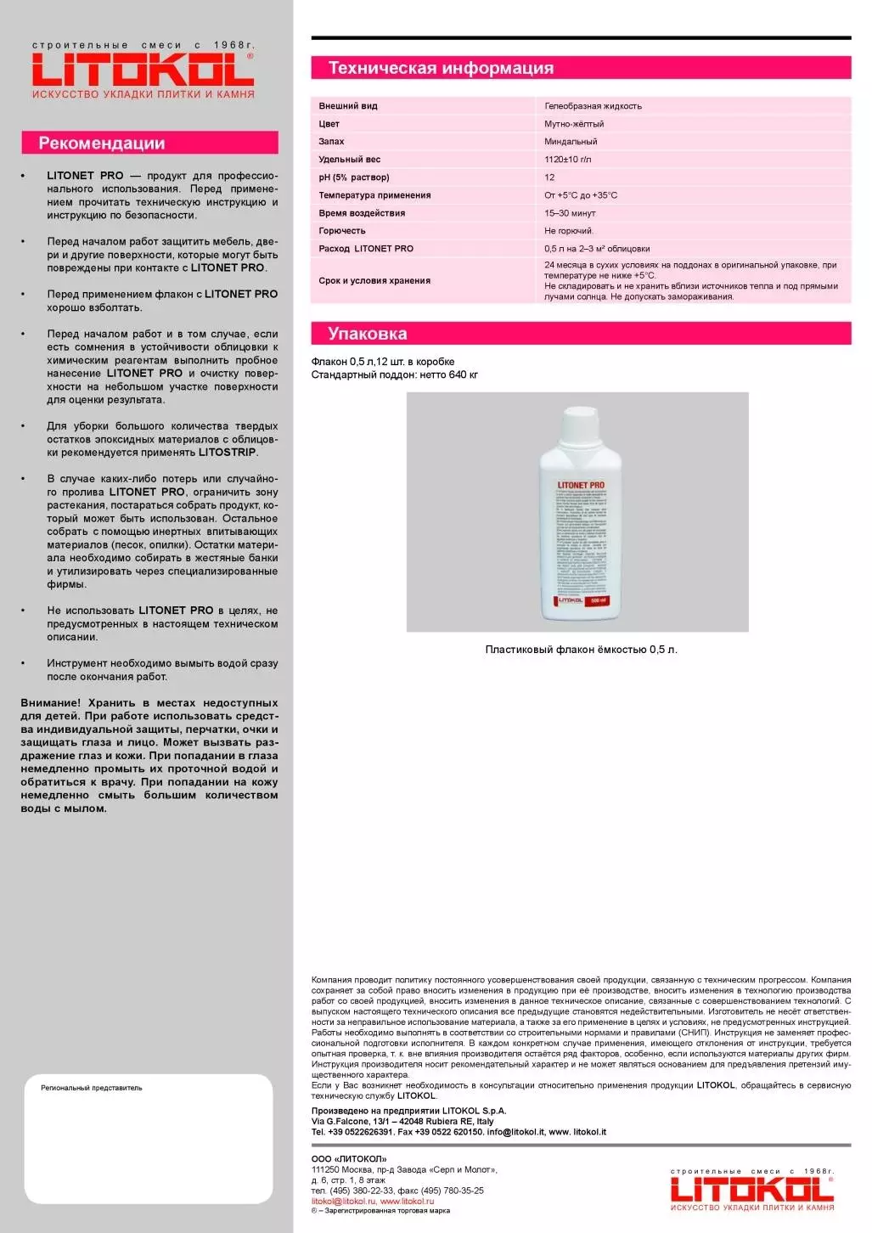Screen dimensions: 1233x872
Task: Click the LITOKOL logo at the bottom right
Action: (751, 1188)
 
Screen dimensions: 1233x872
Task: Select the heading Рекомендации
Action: (102, 144)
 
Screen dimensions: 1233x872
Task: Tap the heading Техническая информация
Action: (441, 68)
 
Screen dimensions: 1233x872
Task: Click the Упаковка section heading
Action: (367, 334)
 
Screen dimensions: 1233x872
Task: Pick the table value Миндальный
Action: (571, 142)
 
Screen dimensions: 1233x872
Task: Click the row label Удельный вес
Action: (349, 160)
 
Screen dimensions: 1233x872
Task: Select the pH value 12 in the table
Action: (549, 177)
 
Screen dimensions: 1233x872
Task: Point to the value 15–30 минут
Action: (570, 213)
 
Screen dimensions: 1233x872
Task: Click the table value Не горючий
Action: (569, 231)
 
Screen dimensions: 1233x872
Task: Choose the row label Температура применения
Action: (374, 195)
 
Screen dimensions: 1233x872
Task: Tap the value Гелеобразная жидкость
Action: (593, 106)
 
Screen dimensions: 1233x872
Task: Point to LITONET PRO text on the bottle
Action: (581, 485)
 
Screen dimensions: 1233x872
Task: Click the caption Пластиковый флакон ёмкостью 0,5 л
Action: (581, 650)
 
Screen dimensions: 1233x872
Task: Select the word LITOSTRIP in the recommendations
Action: (227, 453)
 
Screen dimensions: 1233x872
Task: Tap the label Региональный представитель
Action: (92, 1088)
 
